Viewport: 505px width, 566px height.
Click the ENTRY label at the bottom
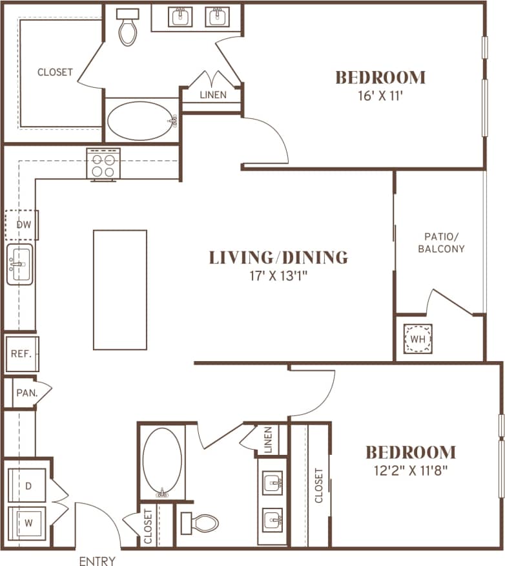tap(97, 561)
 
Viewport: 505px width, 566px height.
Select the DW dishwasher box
tap(23, 225)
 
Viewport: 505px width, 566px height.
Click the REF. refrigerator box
tap(22, 354)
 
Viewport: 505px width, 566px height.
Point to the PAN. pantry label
tap(25, 392)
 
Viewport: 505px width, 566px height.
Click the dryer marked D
tap(28, 485)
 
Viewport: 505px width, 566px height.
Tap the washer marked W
tap(28, 519)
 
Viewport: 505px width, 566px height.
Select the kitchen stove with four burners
tap(104, 163)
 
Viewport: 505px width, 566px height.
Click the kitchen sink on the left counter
tap(20, 264)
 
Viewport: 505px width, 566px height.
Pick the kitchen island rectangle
tap(120, 289)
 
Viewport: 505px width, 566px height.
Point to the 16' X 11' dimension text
tap(380, 96)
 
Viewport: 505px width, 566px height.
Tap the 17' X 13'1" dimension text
tap(278, 276)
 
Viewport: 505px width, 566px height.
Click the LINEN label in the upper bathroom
tap(212, 95)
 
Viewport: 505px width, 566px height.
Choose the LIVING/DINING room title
tap(278, 257)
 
